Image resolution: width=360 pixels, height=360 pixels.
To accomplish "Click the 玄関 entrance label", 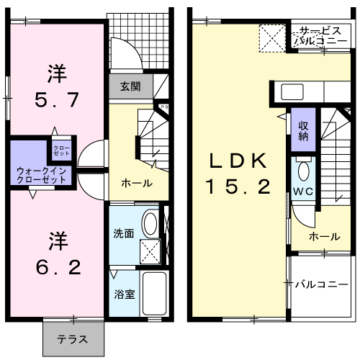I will click(130, 87).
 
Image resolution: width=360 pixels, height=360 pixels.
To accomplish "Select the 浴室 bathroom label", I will click(122, 294).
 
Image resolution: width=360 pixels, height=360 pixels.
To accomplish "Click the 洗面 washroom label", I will click(123, 233).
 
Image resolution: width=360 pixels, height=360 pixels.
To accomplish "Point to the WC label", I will click(302, 192).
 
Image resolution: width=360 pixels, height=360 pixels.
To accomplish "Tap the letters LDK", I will click(238, 159).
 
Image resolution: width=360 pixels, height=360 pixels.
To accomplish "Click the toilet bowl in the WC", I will click(303, 172).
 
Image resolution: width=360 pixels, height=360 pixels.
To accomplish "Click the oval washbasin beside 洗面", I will click(150, 223).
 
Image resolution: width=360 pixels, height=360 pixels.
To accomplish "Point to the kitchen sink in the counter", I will click(292, 92).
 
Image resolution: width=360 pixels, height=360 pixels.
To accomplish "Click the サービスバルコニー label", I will click(322, 36).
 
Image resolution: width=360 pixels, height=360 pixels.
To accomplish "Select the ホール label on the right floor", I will click(324, 236).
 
